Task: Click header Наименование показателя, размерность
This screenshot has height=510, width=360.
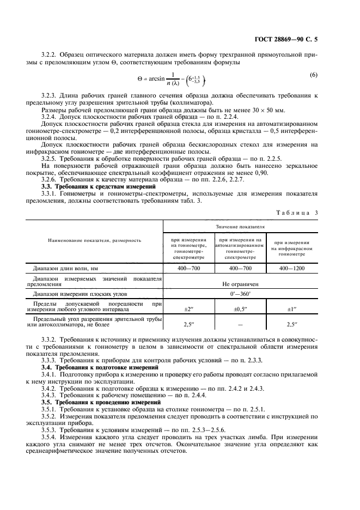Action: [x=94, y=240]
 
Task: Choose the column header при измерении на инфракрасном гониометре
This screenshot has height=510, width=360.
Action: [x=292, y=248]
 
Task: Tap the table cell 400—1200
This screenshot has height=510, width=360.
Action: [x=292, y=268]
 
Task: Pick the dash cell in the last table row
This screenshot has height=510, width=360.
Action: [x=240, y=324]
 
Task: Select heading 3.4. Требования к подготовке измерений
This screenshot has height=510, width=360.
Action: [x=100, y=368]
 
